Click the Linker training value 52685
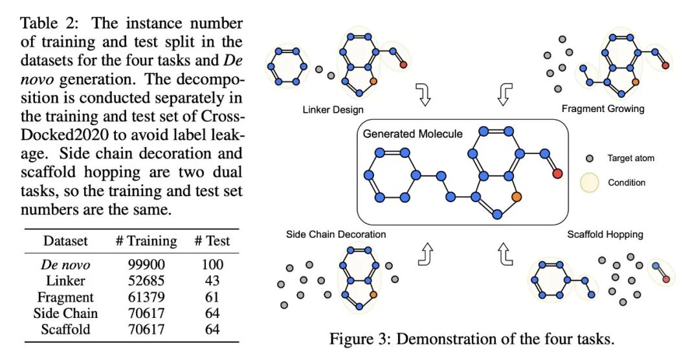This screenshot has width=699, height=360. pyautogui.click(x=146, y=280)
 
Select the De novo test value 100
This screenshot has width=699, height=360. pyautogui.click(x=212, y=265)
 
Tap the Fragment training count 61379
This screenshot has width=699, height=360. pyautogui.click(x=146, y=297)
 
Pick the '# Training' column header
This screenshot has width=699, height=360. pyautogui.click(x=146, y=241)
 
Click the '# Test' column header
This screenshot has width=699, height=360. pyautogui.click(x=212, y=241)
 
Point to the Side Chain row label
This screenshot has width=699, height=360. pyautogui.click(x=65, y=313)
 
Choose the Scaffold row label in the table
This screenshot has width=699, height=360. pyautogui.click(x=65, y=329)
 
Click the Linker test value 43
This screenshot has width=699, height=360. pyautogui.click(x=212, y=280)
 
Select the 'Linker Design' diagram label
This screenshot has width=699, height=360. pyautogui.click(x=333, y=109)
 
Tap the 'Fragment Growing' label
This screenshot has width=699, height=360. pyautogui.click(x=603, y=109)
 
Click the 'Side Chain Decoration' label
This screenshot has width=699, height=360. pyautogui.click(x=336, y=234)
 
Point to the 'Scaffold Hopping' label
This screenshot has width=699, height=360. pyautogui.click(x=605, y=234)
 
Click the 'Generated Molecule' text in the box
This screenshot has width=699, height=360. pyautogui.click(x=413, y=134)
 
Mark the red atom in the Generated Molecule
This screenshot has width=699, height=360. pyautogui.click(x=557, y=174)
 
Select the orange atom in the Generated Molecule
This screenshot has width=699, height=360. pyautogui.click(x=516, y=196)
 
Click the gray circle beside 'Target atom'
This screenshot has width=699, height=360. pyautogui.click(x=590, y=159)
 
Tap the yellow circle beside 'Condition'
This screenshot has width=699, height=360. pyautogui.click(x=589, y=183)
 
